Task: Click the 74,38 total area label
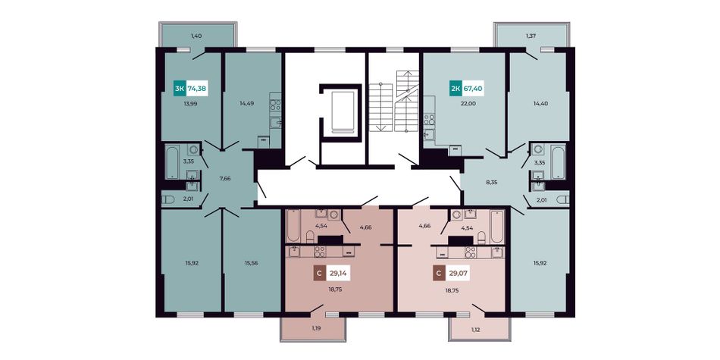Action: (197, 88)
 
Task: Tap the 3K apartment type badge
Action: (180, 88)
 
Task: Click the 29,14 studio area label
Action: (337, 274)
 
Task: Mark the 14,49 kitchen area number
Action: (246, 103)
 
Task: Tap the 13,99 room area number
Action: (190, 103)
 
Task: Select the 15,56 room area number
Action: (251, 263)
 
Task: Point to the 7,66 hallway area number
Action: (225, 178)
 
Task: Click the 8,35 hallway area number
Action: (491, 183)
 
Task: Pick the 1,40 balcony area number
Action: (196, 36)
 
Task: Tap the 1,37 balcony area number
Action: (531, 36)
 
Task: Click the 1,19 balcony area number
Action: (316, 328)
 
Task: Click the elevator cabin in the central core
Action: (340, 112)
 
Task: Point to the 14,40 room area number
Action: (540, 103)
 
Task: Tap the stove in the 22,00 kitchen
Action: (429, 121)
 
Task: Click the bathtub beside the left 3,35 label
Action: (172, 162)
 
